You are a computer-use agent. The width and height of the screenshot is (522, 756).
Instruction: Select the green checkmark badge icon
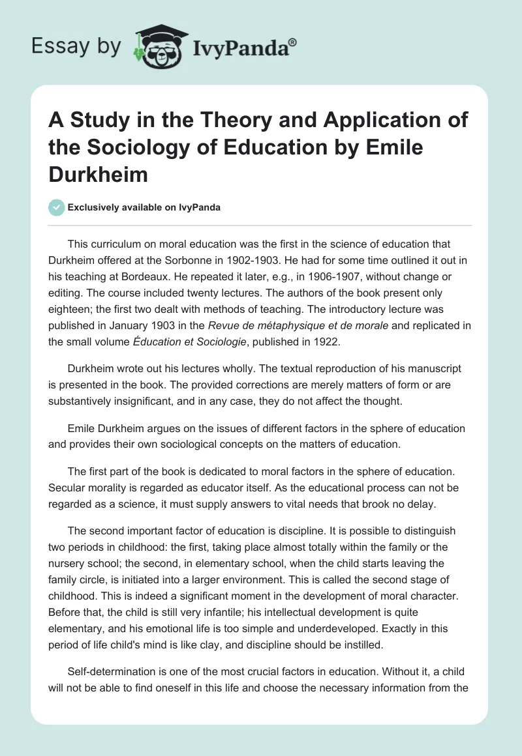coord(56,207)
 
